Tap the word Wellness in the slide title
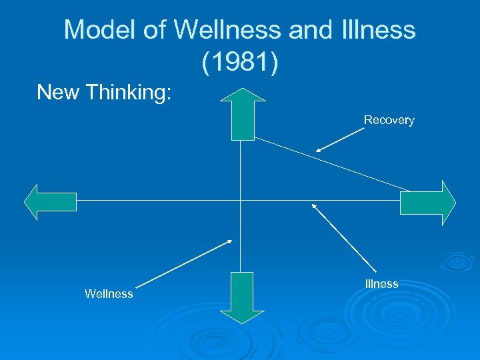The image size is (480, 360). (x=226, y=30)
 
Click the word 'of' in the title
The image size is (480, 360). (x=149, y=30)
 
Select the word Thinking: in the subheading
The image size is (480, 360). (x=132, y=93)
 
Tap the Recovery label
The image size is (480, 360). (x=389, y=120)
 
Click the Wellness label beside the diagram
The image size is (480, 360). (x=109, y=294)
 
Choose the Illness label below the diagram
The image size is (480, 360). (x=382, y=284)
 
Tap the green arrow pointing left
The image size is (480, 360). (x=50, y=201)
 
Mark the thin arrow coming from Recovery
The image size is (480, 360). (x=340, y=140)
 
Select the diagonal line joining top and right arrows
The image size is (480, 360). (x=333, y=164)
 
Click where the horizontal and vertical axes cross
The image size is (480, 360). (x=240, y=200)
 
